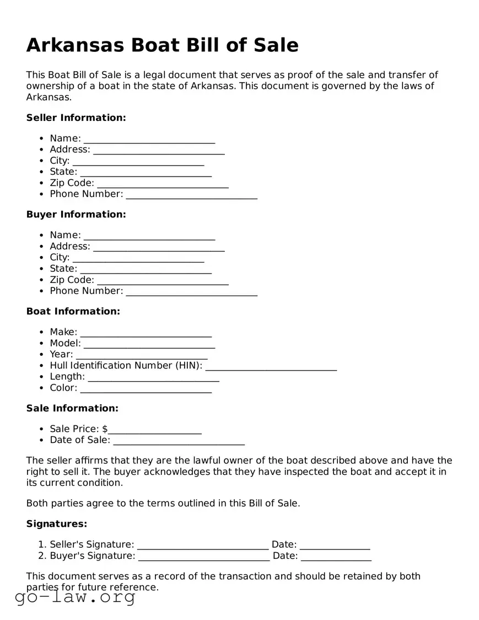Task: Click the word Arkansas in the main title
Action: coord(75,45)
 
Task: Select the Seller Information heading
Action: coord(76,117)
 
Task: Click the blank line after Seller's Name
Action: coord(149,139)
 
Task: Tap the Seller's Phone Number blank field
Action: coord(191,195)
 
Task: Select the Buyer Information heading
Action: coord(76,214)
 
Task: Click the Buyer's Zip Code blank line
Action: coord(163,281)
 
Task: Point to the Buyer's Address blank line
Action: coord(159,247)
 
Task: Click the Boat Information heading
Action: coord(73,311)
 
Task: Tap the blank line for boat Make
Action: coord(146,333)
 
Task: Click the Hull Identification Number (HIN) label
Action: coord(126,365)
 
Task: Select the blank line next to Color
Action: coord(146,388)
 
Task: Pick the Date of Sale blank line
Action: coord(179,441)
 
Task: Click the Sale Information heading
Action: coord(72,408)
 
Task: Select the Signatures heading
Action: coord(57,523)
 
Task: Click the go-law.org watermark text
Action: coord(75,597)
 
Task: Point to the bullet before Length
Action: coord(42,377)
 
